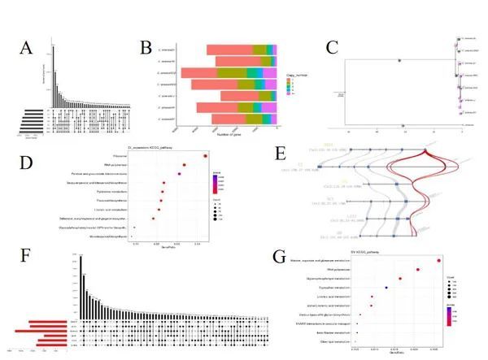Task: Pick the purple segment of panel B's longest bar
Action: [275, 73]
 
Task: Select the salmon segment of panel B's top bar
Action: [231, 50]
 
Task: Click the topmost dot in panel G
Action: [438, 260]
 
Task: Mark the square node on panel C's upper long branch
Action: [399, 60]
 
